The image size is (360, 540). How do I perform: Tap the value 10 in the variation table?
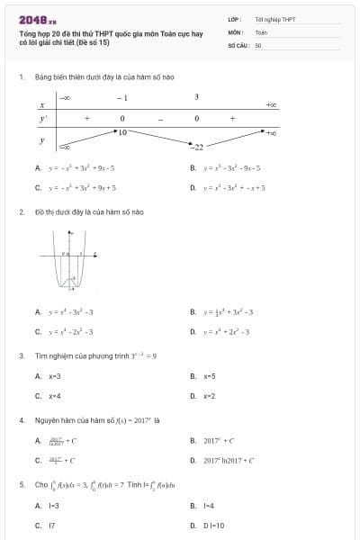point(122,132)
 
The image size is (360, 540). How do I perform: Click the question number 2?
point(21,212)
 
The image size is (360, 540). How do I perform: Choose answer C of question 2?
point(72,332)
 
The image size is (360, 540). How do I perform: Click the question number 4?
point(21,419)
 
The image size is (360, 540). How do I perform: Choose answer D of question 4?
point(229,461)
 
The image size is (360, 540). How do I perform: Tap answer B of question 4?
point(220,441)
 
